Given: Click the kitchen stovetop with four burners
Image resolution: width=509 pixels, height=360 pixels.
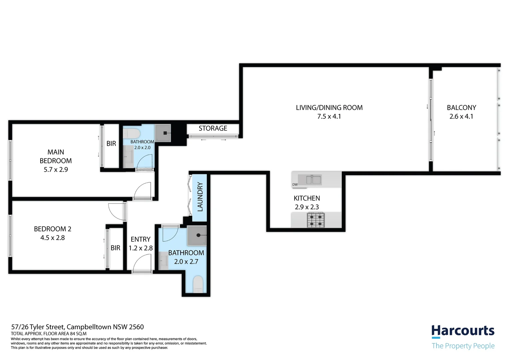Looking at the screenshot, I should point(315,220).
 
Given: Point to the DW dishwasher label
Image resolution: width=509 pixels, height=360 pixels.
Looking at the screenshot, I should point(295,185).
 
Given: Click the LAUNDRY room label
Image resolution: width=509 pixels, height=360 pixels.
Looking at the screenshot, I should point(200,197).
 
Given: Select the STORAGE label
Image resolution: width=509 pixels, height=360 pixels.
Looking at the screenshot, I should point(213,128).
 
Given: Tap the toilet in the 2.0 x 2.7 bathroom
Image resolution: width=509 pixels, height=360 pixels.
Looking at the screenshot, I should point(198,284).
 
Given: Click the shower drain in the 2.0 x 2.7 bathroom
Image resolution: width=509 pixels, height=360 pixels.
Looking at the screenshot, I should point(198,235).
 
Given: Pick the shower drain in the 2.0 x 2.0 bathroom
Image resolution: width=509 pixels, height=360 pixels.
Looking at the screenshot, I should point(165,133).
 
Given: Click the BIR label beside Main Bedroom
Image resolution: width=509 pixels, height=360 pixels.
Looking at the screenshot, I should point(111,144).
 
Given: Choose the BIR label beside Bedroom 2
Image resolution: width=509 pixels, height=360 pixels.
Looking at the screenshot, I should point(115,248).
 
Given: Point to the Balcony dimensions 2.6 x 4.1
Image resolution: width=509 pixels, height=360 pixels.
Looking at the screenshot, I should point(461,116).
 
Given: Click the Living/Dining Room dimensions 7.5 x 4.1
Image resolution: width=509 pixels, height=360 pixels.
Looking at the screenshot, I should point(329,116).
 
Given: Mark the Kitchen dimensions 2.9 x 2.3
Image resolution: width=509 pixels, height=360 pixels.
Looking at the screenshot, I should point(306,207).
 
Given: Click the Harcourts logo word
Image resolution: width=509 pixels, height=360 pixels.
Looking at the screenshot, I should point(463,331).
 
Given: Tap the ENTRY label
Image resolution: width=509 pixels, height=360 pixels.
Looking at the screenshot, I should point(140,239).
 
